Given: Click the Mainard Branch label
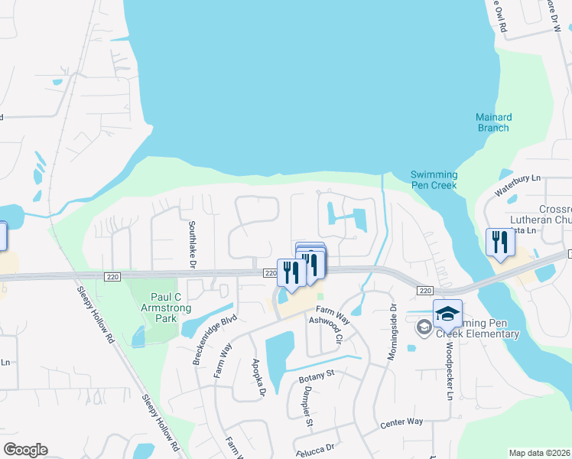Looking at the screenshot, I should tap(493, 122).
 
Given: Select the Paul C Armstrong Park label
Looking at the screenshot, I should tap(160, 302).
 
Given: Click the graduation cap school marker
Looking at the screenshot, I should tap(447, 314).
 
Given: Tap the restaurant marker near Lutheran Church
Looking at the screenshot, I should tap(500, 243).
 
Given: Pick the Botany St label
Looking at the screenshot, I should tap(320, 373).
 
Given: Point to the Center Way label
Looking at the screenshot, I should tap(401, 422).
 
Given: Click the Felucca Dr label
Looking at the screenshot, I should tap(316, 447).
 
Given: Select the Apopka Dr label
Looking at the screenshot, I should tap(258, 379).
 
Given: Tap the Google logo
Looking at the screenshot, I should tap(25, 450).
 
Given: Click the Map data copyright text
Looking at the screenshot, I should tap(540, 453).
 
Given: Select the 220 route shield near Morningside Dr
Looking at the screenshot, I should tap(426, 291).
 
